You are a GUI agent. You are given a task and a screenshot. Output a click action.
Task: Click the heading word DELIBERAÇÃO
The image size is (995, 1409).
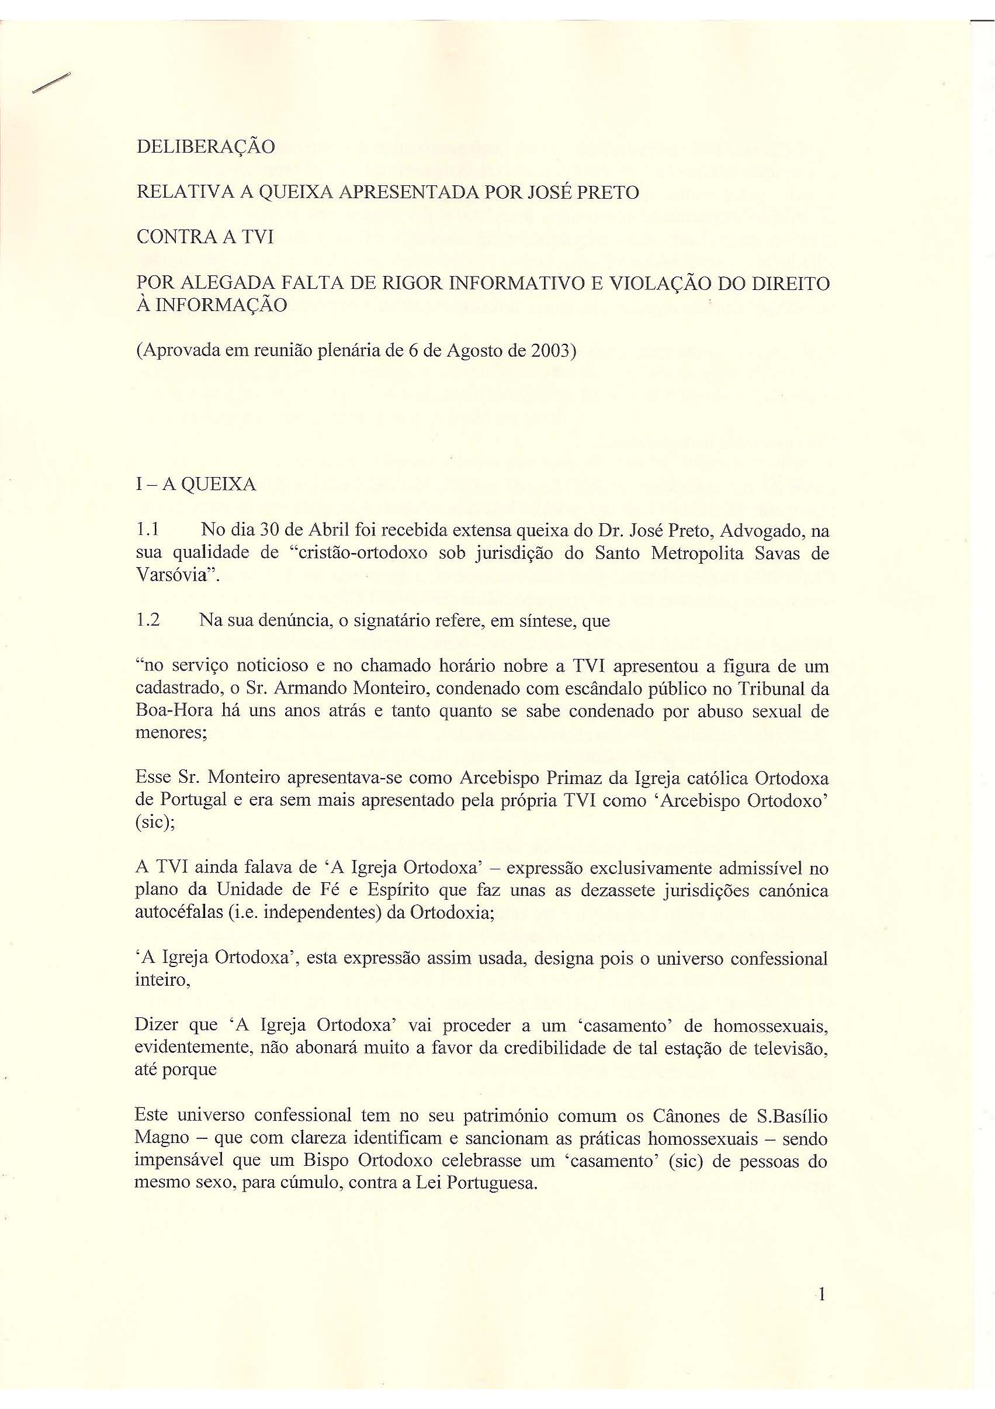tap(206, 148)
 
